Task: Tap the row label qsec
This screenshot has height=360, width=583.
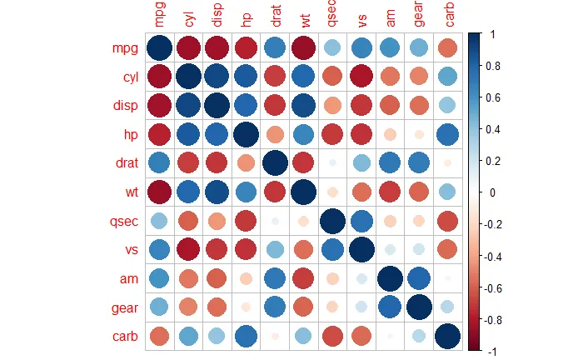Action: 118,222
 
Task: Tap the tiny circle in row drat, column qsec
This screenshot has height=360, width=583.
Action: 331,164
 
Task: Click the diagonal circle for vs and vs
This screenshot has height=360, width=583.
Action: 361,251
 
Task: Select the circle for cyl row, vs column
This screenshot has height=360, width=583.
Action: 361,77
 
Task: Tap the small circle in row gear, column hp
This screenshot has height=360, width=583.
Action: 245,308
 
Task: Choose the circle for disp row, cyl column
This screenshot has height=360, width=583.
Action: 187,107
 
